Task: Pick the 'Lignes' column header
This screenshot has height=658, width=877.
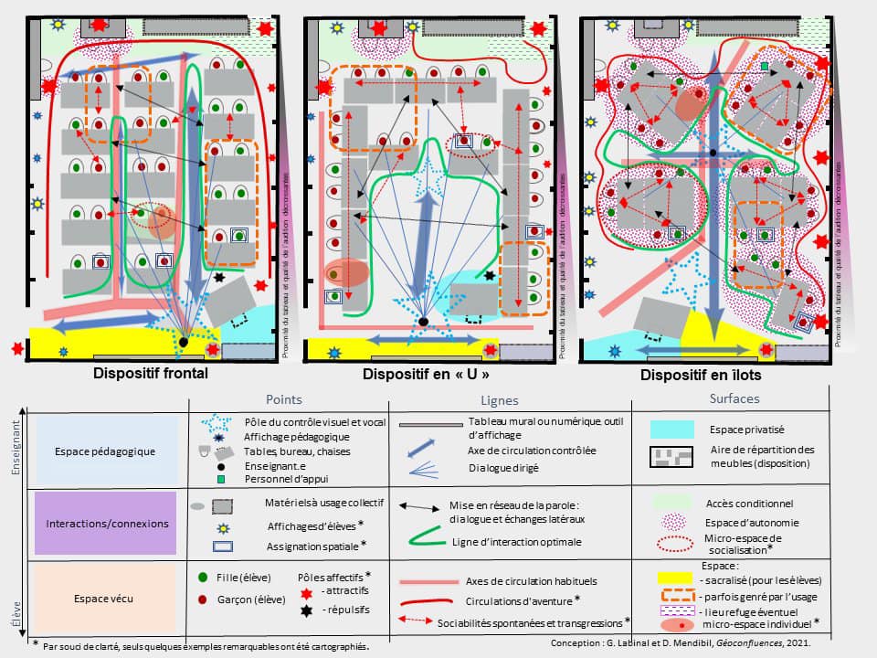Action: coord(500,400)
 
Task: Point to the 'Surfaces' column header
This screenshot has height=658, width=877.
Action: coord(734,399)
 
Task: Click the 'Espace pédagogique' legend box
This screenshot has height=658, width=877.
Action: coord(104,451)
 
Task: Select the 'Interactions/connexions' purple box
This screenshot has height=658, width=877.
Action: coord(104,524)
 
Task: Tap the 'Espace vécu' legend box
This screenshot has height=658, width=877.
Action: coord(104,599)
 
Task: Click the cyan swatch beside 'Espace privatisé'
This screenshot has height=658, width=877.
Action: coord(675,429)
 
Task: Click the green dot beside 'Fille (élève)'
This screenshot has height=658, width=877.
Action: coord(202,578)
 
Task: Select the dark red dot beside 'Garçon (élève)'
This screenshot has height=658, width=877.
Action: coord(202,600)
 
